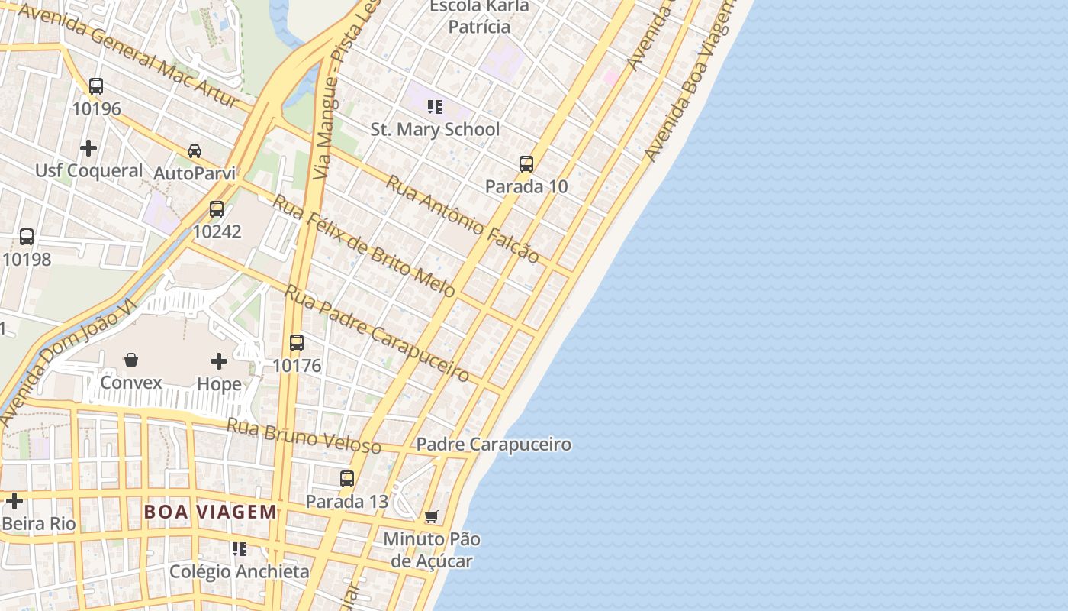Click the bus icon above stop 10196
[96, 86]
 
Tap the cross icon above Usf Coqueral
[88, 147]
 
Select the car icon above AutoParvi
[195, 151]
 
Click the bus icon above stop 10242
[217, 209]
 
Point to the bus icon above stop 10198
[27, 237]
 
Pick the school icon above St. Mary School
[435, 107]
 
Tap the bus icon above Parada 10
[526, 164]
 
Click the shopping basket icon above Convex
[131, 360]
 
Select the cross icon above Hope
[219, 361]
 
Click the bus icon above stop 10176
[297, 344]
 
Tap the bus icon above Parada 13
[347, 479]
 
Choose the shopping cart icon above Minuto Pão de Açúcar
[432, 517]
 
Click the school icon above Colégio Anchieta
[240, 549]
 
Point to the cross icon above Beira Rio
[14, 502]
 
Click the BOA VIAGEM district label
[211, 512]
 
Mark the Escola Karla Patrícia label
[479, 17]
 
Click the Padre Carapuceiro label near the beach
[494, 445]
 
